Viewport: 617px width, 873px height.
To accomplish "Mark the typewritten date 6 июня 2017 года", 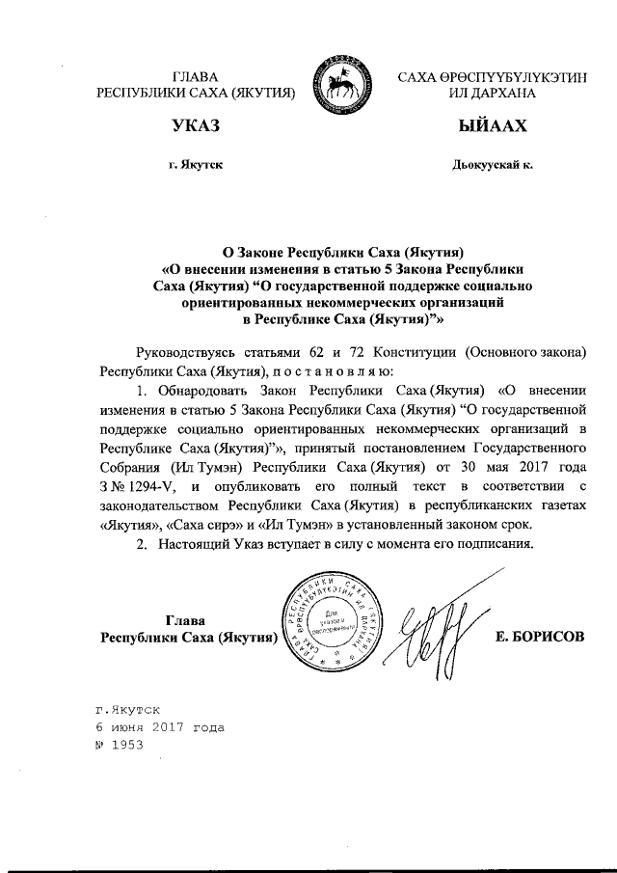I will (158, 726).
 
